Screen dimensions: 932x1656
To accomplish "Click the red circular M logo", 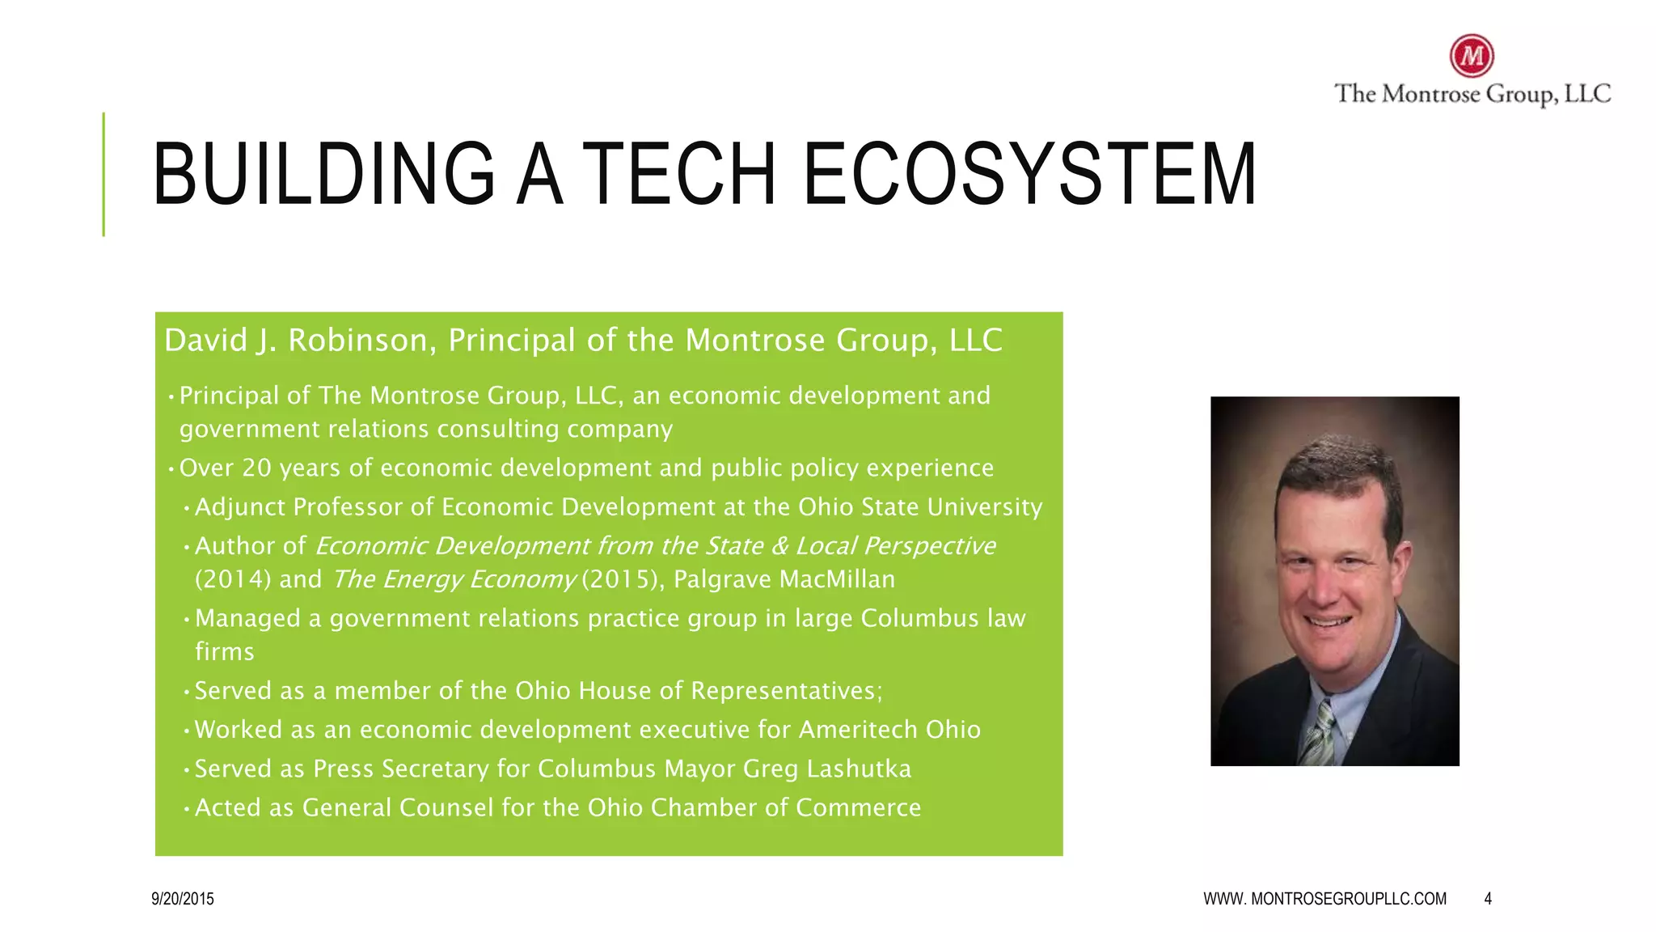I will pos(1472,56).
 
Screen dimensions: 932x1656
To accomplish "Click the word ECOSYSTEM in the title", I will pos(1030,174).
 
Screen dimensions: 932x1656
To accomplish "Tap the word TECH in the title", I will pos(679,174).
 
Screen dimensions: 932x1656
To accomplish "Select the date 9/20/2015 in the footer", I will pos(183,899).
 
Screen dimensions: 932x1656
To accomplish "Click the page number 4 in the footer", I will pos(1488,899).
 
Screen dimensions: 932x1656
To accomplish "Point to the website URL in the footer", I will pos(1324,899).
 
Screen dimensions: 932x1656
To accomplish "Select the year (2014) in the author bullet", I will pos(233,579).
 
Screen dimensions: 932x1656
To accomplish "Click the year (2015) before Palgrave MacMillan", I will pos(621,579).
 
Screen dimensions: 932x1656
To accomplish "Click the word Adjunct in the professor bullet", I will pos(240,507).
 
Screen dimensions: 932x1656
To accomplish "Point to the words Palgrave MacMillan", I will pos(784,579).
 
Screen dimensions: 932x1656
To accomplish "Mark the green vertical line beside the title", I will pos(103,174).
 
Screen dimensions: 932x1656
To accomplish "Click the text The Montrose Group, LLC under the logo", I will pos(1472,94).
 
